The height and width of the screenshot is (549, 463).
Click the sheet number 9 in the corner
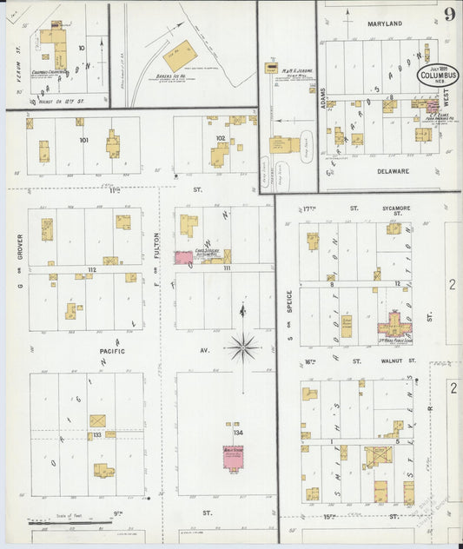point(449,13)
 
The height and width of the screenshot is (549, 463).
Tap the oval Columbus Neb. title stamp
point(437,74)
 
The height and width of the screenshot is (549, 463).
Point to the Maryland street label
point(384,23)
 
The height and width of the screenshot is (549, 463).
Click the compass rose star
point(243,347)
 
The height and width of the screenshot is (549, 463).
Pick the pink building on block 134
point(234,459)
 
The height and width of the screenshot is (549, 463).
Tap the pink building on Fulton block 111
point(183,257)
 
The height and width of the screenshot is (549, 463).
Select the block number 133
point(97,434)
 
